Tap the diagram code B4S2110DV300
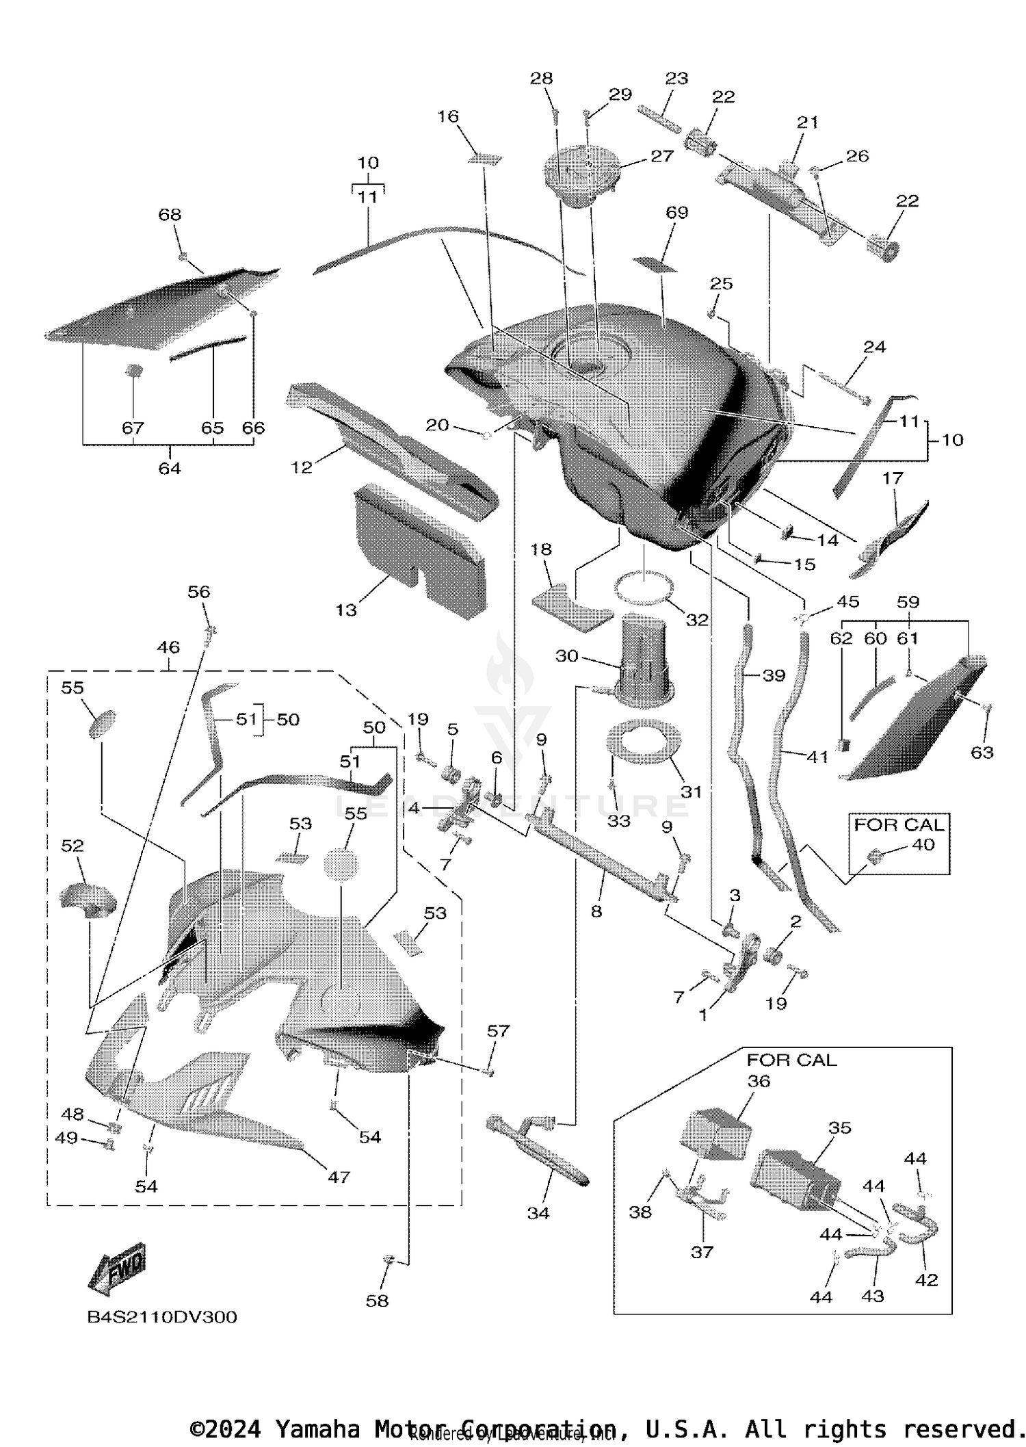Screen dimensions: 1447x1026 [162, 1318]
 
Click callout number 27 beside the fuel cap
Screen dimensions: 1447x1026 [661, 156]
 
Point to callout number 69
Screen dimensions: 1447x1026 [676, 213]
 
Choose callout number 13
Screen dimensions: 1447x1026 [346, 610]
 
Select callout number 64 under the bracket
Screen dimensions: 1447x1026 [170, 468]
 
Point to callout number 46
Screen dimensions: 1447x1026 [168, 647]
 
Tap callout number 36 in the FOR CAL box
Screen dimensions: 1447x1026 [759, 1082]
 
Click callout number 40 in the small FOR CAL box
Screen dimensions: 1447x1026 [923, 845]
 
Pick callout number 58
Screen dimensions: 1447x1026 [377, 1301]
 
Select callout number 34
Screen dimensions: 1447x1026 [538, 1213]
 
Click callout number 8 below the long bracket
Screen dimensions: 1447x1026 [596, 911]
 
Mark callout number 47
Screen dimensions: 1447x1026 [339, 1177]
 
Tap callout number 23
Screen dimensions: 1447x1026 [676, 78]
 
